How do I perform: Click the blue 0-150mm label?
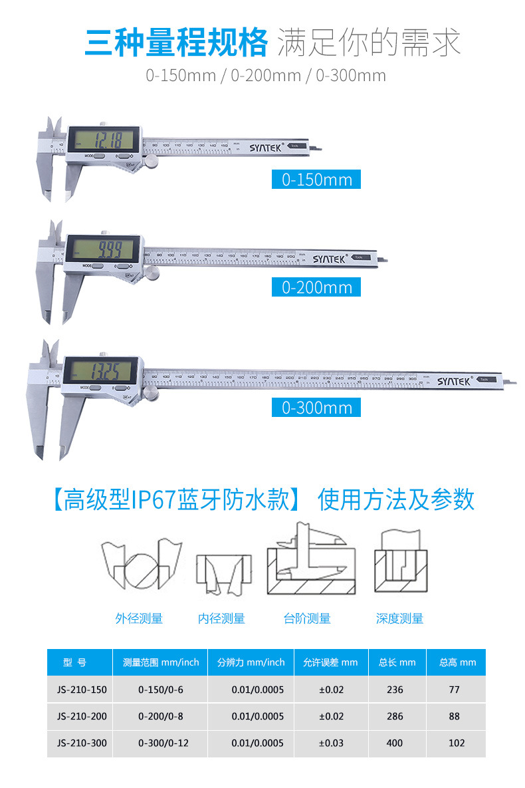click(x=316, y=180)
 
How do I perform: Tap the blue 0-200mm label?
click(x=316, y=287)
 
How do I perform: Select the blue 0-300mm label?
click(x=316, y=408)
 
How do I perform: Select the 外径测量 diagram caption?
click(x=139, y=618)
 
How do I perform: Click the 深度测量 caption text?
click(x=399, y=618)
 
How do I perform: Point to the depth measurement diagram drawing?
click(x=399, y=562)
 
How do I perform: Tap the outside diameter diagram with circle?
click(x=142, y=566)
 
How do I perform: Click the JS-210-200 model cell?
click(x=79, y=716)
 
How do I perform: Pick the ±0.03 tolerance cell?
click(x=331, y=743)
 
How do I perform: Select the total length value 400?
click(x=395, y=743)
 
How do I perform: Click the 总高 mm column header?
click(x=457, y=662)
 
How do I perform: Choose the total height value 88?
click(x=455, y=716)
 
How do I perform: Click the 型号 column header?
click(x=74, y=662)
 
